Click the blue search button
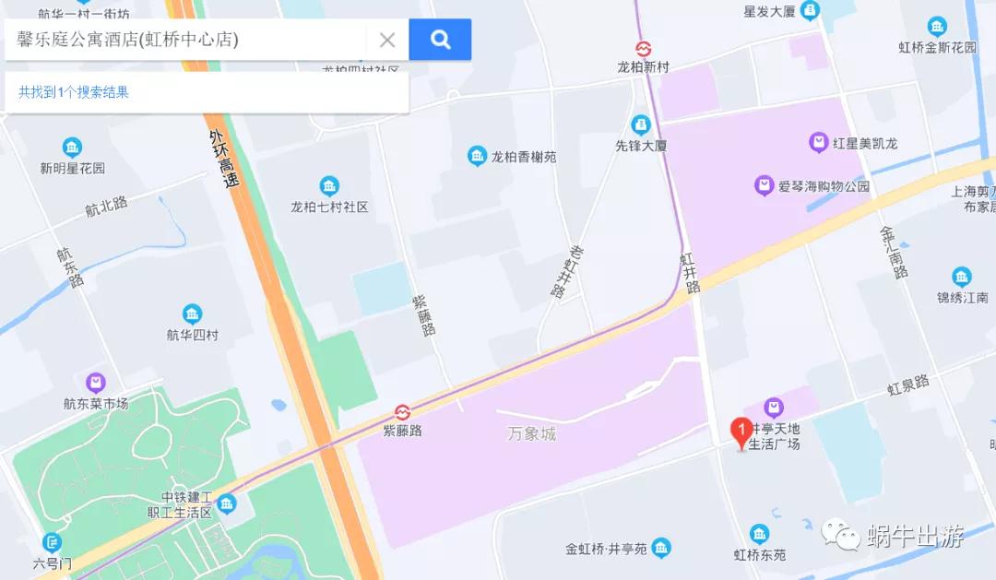pyautogui.click(x=440, y=40)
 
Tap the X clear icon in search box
pyautogui.click(x=387, y=40)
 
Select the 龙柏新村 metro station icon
pyautogui.click(x=643, y=48)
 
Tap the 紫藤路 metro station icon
pyautogui.click(x=402, y=411)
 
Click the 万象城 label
pyautogui.click(x=532, y=433)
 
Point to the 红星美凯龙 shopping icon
pyautogui.click(x=818, y=143)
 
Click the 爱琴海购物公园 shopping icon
pyautogui.click(x=764, y=186)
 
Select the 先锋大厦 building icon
pyautogui.click(x=641, y=124)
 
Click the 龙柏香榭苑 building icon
pyautogui.click(x=477, y=157)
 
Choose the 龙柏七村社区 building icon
pyautogui.click(x=329, y=186)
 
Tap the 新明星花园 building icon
pyautogui.click(x=72, y=148)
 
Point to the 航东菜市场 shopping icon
pyautogui.click(x=96, y=383)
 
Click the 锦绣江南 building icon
pyautogui.click(x=962, y=277)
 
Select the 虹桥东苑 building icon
pyautogui.click(x=759, y=534)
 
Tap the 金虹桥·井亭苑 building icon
pyautogui.click(x=660, y=550)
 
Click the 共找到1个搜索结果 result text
pyautogui.click(x=74, y=92)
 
